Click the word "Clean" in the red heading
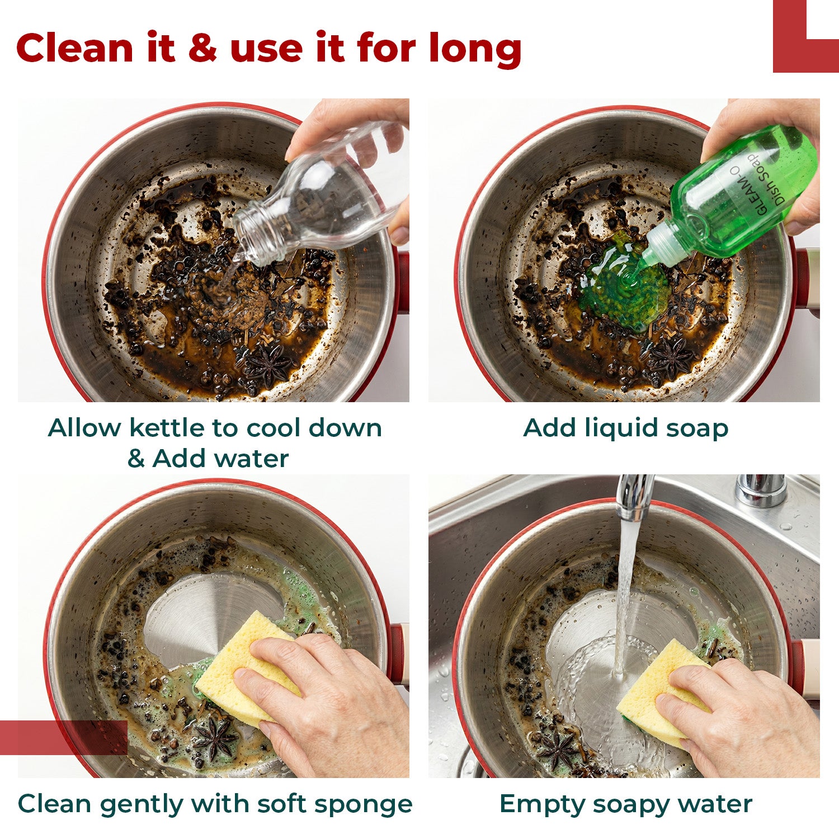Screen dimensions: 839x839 pos(76,48)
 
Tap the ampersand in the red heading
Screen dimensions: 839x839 pos(202,48)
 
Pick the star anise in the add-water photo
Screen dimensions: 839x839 pos(268,364)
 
